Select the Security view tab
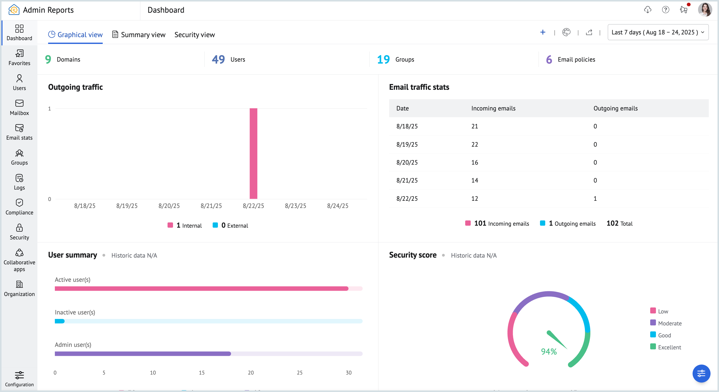coord(194,35)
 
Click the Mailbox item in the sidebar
coord(19,107)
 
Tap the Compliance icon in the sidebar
coord(19,203)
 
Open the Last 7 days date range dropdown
coord(658,32)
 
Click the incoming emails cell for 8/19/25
coord(474,144)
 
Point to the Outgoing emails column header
coord(615,108)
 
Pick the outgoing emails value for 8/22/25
coord(595,198)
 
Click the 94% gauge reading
coord(548,351)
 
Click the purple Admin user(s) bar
coord(143,354)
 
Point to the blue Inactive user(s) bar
coord(59,321)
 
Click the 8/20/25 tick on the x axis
coord(169,206)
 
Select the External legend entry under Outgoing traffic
coord(230,225)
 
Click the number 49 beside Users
coord(218,59)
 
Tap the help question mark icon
coord(665,10)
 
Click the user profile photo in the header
coord(705,10)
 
